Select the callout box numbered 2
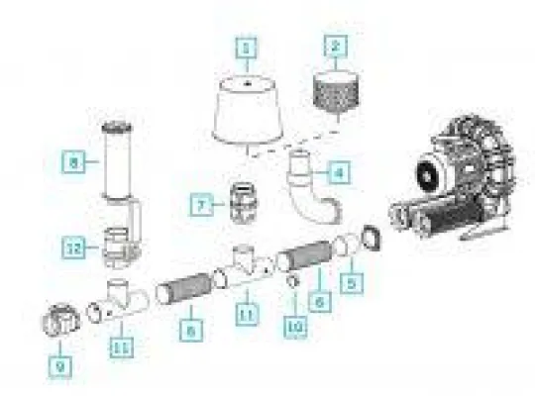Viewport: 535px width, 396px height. point(338,46)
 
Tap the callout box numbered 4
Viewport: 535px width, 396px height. point(339,172)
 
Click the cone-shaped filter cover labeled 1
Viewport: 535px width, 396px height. point(248,115)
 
